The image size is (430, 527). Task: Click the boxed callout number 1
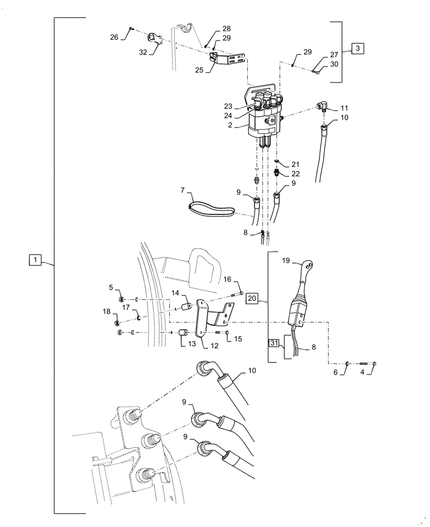(x=34, y=260)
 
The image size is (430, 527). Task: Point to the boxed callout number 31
(x=275, y=343)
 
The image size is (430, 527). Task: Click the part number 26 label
(x=114, y=37)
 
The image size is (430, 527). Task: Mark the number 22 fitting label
(x=295, y=174)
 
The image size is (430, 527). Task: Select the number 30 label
(x=334, y=64)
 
